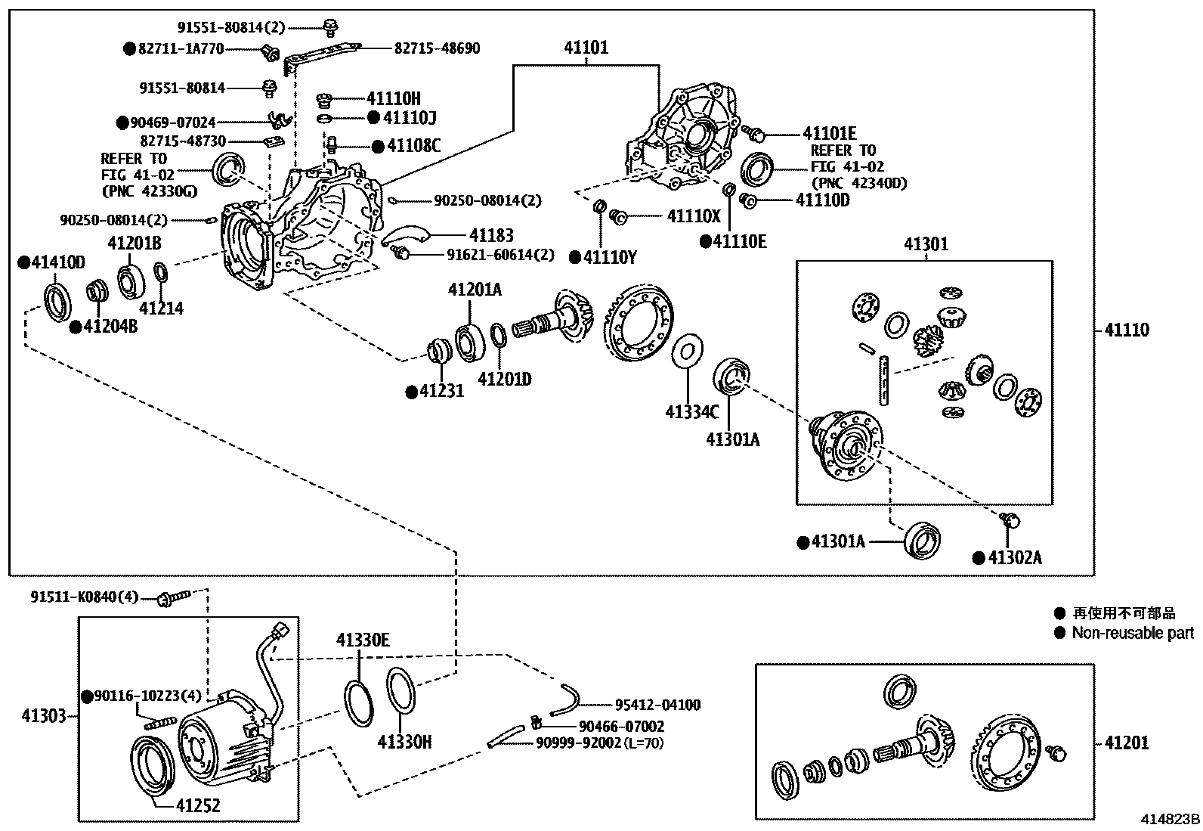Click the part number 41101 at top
[x=586, y=47]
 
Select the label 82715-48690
[x=437, y=48]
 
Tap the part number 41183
[x=491, y=235]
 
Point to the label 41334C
[x=691, y=411]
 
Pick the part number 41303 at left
[x=44, y=715]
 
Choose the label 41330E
[x=363, y=641]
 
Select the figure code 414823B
[x=1171, y=819]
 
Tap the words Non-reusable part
[x=1133, y=633]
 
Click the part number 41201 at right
[x=1126, y=743]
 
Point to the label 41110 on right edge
[x=1126, y=330]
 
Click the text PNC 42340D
[x=859, y=183]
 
